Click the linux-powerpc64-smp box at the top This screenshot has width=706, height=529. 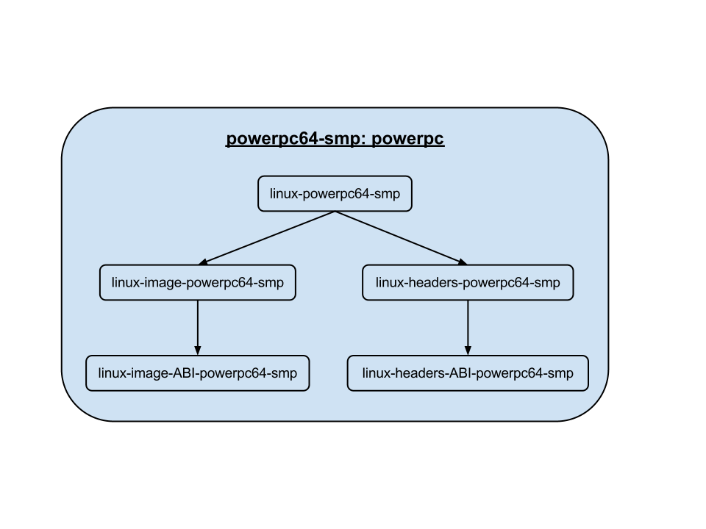(x=335, y=194)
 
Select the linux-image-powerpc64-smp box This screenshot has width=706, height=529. (x=197, y=282)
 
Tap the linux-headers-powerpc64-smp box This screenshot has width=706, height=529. (x=467, y=282)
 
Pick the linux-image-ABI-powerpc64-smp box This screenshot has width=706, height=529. (x=197, y=373)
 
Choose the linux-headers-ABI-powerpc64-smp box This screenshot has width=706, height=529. (x=467, y=373)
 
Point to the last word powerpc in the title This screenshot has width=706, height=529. (x=407, y=140)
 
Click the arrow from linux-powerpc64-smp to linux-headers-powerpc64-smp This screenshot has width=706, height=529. (x=402, y=238)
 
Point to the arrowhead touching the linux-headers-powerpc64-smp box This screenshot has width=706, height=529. (x=461, y=262)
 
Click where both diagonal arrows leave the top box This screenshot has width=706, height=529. (x=335, y=212)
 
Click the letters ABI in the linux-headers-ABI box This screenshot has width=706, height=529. (x=461, y=373)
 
